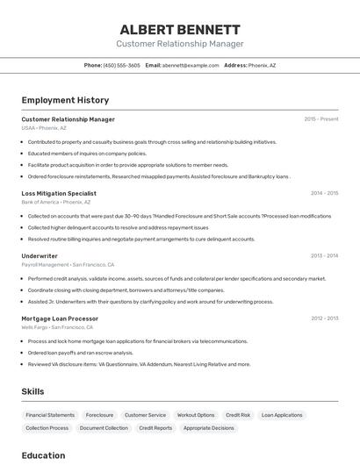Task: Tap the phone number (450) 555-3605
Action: coord(121,65)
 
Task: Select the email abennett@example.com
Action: coord(191,65)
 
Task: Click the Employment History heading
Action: coord(65,100)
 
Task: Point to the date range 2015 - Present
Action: coord(320,119)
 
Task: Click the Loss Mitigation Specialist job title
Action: coord(59,193)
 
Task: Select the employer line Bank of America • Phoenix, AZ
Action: coord(55,202)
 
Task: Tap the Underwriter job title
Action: coord(40,255)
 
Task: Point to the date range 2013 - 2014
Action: coord(324,255)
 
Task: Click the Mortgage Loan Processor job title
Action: coord(60,318)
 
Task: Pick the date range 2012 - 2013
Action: coord(324,318)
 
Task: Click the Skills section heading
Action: coord(32,391)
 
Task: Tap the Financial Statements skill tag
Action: coord(50,415)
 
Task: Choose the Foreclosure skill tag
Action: coord(99,415)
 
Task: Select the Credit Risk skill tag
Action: coord(238,415)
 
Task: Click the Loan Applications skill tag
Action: coord(282,415)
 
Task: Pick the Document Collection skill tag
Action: coord(104,428)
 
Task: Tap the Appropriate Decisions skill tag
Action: coord(209,428)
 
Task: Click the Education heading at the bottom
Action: coord(43,455)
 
